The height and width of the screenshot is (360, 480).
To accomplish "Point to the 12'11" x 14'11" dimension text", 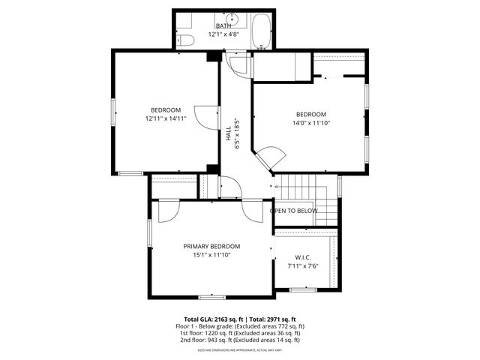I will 165,118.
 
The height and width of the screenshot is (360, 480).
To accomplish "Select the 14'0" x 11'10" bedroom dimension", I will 310,123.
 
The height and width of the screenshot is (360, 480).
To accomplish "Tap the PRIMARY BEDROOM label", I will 211,246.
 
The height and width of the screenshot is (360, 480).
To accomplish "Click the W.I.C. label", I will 303,257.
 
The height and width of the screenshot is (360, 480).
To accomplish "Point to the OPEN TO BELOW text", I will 294,211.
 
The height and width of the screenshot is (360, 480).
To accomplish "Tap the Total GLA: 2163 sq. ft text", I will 214,319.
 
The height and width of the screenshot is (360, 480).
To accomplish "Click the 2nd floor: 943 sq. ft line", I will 239,340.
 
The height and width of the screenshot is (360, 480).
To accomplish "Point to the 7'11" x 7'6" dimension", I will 303,265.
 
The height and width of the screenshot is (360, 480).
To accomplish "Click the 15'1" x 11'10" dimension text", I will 211,254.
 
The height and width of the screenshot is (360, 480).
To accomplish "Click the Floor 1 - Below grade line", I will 239,326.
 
